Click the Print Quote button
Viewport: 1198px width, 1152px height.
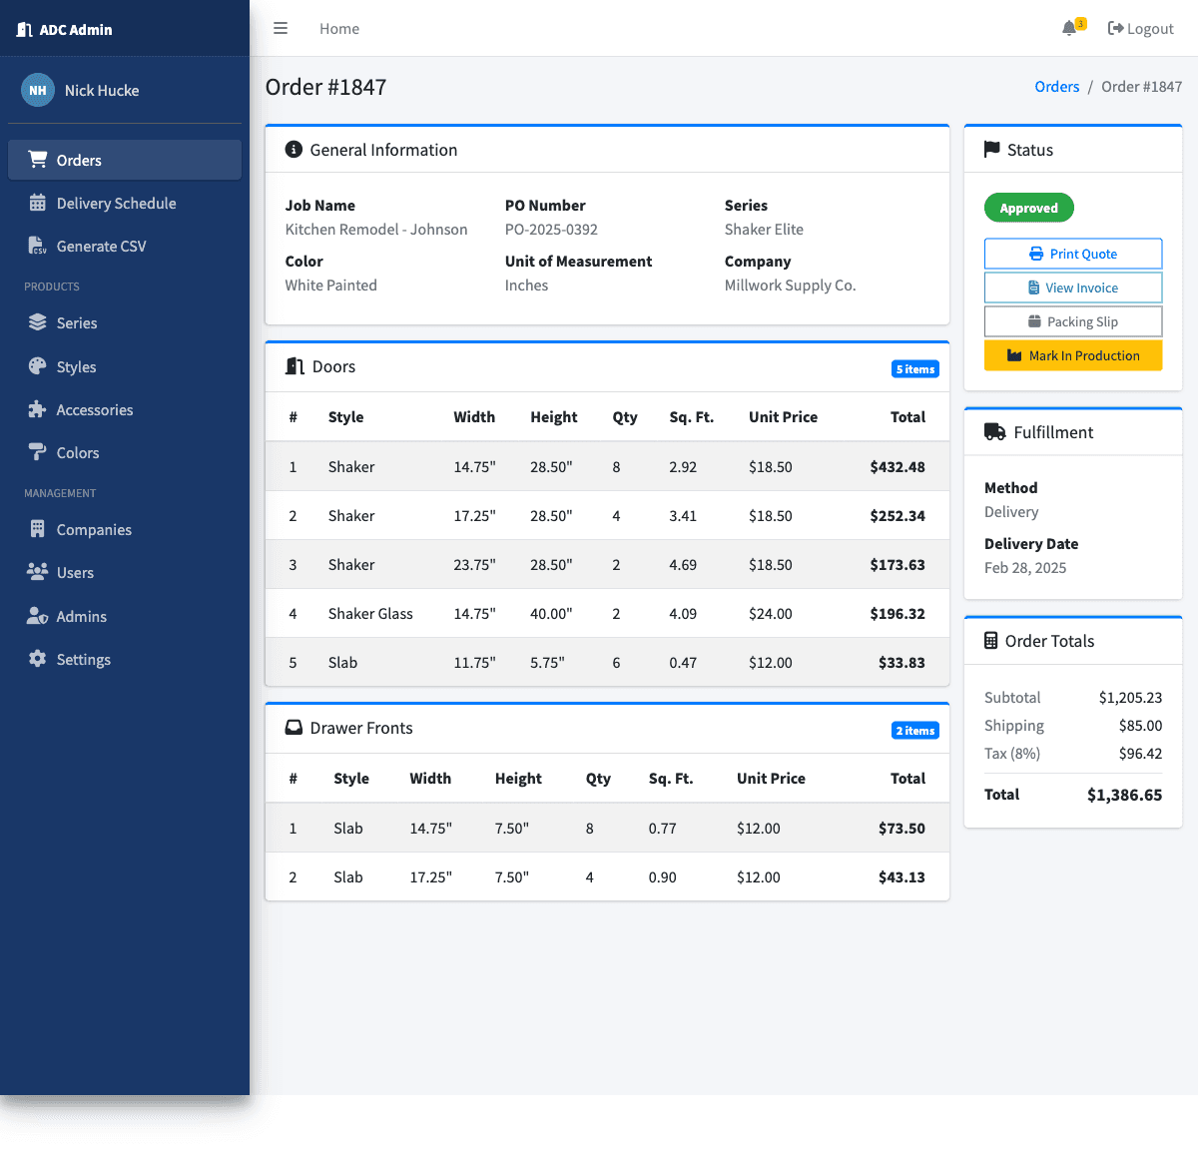click(x=1073, y=254)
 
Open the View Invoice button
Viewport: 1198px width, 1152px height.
click(x=1073, y=288)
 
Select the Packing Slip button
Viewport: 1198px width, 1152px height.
click(x=1073, y=321)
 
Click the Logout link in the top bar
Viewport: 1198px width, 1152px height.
click(x=1141, y=29)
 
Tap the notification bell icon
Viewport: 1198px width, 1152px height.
click(x=1069, y=28)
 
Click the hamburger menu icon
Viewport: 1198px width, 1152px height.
click(x=281, y=29)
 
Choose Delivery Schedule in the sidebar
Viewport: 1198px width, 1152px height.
click(x=116, y=204)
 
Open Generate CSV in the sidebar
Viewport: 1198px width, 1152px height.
click(x=101, y=247)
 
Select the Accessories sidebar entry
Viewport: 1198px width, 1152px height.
click(x=94, y=410)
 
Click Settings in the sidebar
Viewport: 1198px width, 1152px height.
click(x=83, y=660)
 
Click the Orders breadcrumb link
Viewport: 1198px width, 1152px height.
click(x=1057, y=87)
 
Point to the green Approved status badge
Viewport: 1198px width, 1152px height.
click(x=1028, y=208)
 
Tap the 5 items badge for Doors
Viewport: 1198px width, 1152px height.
click(x=914, y=369)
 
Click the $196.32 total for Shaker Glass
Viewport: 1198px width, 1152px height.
click(x=897, y=614)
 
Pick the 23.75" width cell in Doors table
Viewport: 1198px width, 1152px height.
click(x=474, y=565)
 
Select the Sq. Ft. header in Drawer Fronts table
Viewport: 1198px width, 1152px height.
click(x=671, y=779)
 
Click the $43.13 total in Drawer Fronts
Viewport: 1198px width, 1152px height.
click(x=900, y=877)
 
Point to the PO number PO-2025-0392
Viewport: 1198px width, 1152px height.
click(x=551, y=230)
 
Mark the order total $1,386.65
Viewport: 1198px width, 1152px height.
click(x=1124, y=796)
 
